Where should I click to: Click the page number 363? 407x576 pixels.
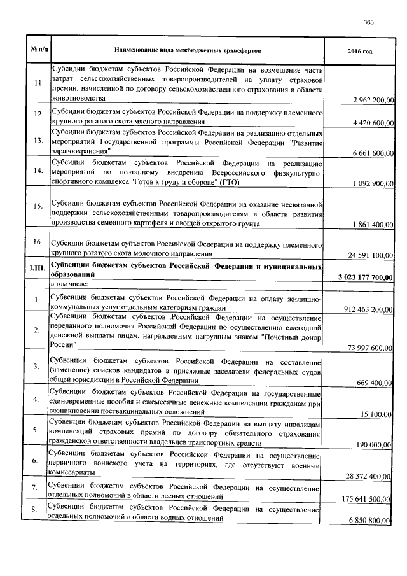coord(368,22)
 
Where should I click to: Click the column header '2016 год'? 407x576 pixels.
coord(360,50)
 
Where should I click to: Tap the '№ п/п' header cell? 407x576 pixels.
coord(38,50)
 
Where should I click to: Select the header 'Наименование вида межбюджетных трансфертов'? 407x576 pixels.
coord(188,50)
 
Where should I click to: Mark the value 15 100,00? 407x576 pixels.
coord(379,414)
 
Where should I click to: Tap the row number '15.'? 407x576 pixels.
coord(38,206)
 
